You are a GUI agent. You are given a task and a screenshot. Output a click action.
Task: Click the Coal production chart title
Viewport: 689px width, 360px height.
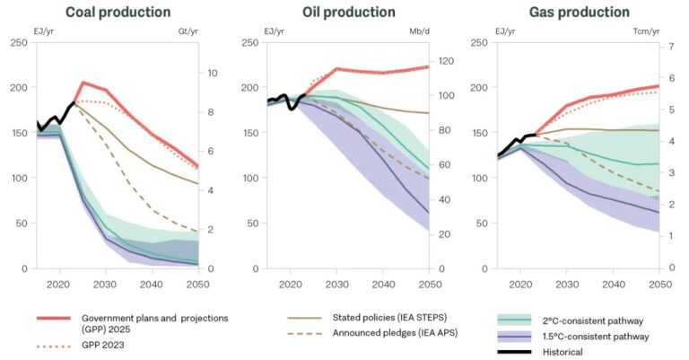coord(118,13)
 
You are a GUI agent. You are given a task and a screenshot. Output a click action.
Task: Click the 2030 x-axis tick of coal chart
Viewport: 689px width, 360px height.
coord(106,284)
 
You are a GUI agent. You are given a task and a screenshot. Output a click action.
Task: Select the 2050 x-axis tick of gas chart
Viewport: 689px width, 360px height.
coord(659,284)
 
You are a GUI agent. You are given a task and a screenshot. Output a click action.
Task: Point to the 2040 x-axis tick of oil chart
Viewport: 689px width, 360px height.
coord(383,284)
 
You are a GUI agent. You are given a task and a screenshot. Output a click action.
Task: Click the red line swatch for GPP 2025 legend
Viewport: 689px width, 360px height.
coord(53,318)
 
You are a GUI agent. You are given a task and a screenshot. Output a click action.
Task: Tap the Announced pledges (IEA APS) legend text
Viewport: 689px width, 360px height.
coord(390,334)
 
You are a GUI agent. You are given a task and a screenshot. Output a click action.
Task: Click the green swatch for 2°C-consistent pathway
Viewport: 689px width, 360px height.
coord(514,320)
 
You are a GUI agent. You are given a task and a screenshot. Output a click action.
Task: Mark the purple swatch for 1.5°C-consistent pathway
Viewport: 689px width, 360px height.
coord(514,337)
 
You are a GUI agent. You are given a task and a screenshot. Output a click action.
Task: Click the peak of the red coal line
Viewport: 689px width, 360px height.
coord(83,83)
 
